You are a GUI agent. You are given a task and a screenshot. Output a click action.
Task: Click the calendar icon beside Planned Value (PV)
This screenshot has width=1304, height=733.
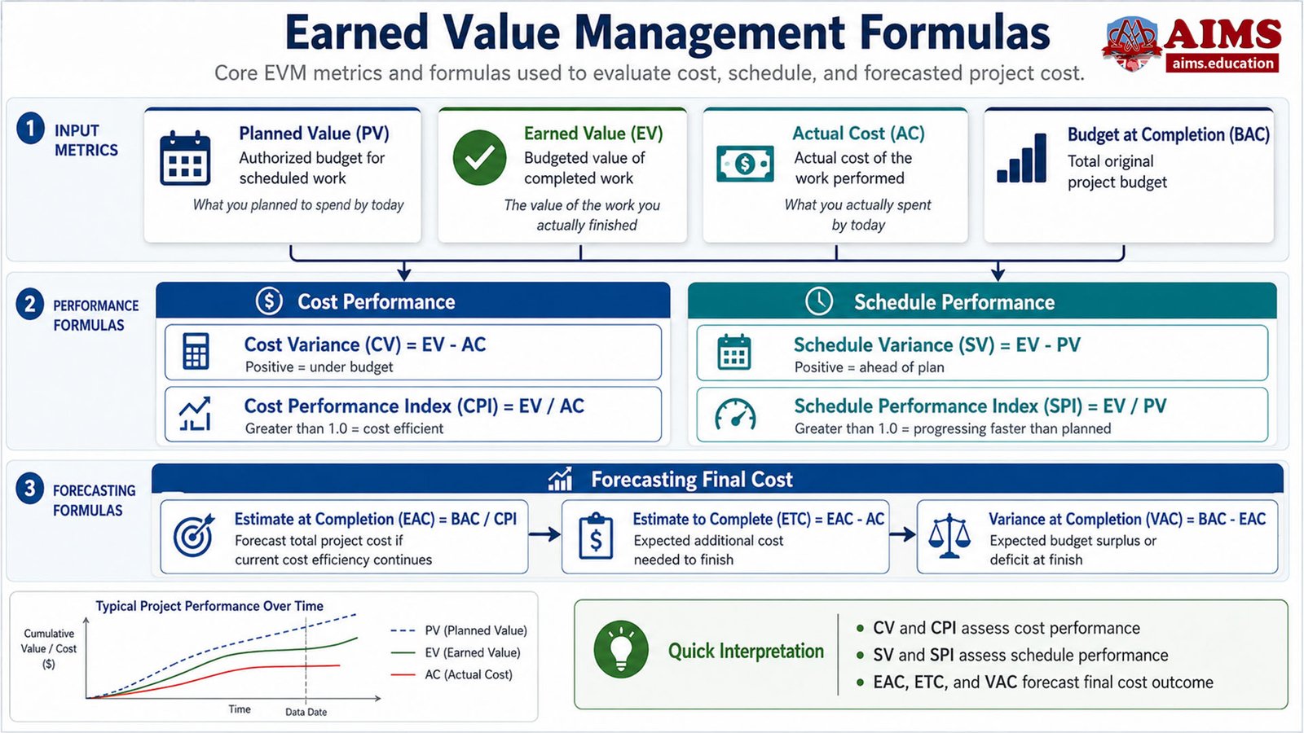click(x=184, y=158)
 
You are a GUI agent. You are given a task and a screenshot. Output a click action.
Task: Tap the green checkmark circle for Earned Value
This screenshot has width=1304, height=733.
click(x=480, y=158)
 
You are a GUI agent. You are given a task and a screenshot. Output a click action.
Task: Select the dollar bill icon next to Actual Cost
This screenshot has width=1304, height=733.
click(x=745, y=164)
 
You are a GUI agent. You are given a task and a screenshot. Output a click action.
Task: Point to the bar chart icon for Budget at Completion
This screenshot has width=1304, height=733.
click(x=1022, y=158)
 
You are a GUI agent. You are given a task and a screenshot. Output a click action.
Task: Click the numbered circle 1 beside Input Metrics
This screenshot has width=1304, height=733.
click(x=30, y=128)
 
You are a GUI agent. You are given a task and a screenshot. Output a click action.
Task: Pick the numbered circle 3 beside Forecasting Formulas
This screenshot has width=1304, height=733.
click(x=29, y=488)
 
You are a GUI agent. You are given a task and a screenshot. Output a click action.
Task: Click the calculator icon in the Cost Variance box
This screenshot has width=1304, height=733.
click(x=196, y=351)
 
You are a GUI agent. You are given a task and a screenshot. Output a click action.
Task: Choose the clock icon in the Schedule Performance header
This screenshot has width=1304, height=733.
click(x=819, y=301)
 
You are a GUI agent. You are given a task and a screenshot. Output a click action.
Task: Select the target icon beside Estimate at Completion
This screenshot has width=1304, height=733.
click(x=193, y=536)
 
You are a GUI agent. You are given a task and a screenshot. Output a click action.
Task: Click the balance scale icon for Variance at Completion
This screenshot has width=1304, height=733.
click(x=949, y=536)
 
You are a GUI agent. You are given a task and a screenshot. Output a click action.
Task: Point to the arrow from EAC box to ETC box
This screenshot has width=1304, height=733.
click(x=545, y=534)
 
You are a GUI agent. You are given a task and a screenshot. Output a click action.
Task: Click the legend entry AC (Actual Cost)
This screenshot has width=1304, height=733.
click(x=452, y=675)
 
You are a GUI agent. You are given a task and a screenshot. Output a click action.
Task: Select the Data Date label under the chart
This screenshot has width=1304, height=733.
click(x=306, y=712)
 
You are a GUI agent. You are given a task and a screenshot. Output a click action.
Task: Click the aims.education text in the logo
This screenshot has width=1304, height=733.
click(x=1222, y=63)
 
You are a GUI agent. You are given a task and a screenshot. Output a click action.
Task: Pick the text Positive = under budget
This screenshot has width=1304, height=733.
click(x=319, y=367)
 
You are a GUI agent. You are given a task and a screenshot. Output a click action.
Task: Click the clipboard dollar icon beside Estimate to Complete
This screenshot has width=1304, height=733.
click(x=596, y=536)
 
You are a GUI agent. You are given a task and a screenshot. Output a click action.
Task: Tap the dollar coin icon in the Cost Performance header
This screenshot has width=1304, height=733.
click(x=270, y=301)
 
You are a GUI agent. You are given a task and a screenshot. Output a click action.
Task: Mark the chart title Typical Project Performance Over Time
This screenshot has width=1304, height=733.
click(x=209, y=606)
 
